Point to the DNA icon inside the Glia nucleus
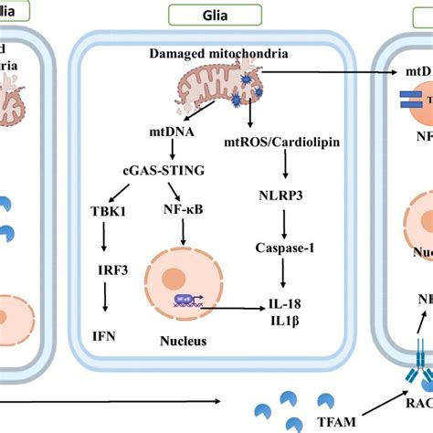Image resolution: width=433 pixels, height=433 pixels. [182, 299]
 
